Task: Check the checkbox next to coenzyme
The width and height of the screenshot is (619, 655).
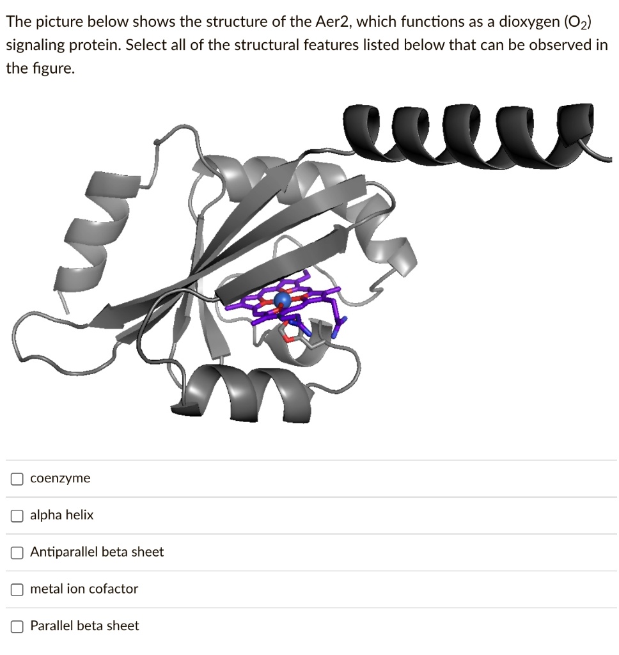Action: point(17,478)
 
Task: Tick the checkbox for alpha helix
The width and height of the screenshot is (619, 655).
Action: point(17,516)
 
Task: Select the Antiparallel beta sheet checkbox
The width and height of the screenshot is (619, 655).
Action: point(17,552)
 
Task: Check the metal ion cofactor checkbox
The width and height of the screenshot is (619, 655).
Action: point(17,589)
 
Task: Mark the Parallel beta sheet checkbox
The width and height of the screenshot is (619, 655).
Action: point(17,626)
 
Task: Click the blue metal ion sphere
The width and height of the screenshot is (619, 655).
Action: point(282,299)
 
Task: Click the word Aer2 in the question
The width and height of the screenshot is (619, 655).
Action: point(333,22)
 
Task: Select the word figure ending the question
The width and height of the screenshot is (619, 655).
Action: point(53,69)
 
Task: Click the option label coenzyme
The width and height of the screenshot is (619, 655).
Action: point(60,478)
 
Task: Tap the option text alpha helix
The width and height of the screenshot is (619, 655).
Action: point(61,516)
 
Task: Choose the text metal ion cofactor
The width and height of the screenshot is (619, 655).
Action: point(84,589)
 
